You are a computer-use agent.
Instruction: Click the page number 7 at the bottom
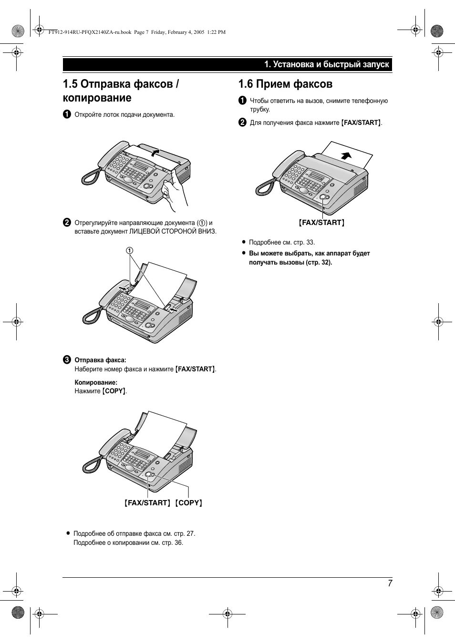(390, 583)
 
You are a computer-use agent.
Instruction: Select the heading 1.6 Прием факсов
(285, 84)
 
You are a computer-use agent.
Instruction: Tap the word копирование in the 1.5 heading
(97, 98)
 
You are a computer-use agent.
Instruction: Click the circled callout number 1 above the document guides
(129, 251)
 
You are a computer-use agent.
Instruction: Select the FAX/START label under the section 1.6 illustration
(321, 223)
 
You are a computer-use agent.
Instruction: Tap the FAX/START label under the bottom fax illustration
(147, 503)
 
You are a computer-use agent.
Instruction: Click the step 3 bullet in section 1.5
(67, 360)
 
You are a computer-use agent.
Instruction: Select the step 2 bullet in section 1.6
(242, 123)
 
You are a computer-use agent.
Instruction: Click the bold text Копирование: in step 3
(96, 382)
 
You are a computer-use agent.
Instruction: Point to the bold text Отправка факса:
(100, 360)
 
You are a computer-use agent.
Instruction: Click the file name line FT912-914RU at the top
(137, 32)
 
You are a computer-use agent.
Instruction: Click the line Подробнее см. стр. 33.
(281, 242)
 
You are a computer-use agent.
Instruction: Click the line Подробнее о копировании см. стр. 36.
(128, 542)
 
